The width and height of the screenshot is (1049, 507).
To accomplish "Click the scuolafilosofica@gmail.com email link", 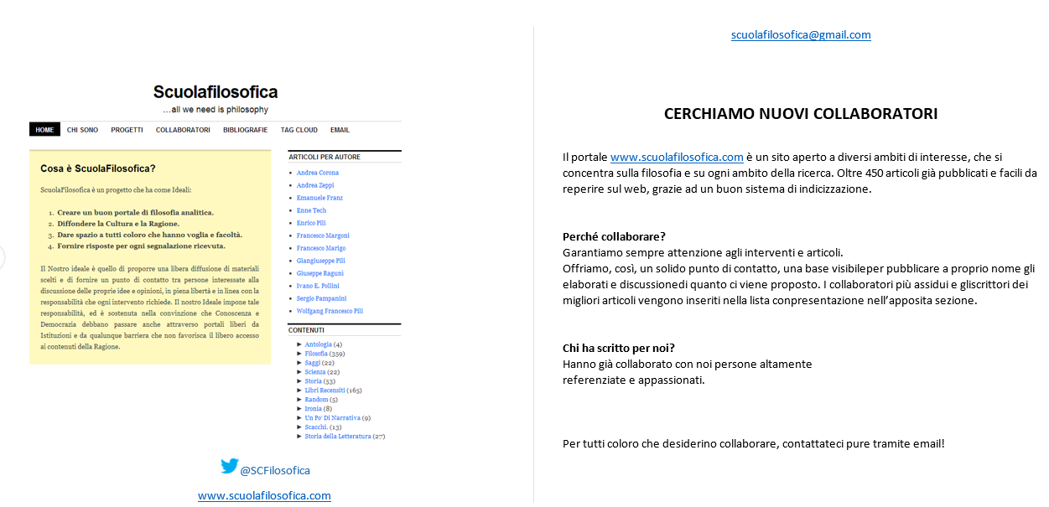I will tap(801, 35).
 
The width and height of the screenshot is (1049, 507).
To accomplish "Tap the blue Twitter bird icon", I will tap(229, 467).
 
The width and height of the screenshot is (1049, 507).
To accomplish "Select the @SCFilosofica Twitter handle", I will tap(275, 471).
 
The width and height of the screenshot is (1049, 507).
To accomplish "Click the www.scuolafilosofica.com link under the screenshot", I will tap(264, 496).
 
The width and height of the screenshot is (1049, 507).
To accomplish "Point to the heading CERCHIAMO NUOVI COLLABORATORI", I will tap(801, 114).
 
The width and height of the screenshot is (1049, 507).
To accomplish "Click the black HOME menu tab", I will tap(44, 130).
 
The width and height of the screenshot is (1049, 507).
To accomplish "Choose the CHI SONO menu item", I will tap(82, 130).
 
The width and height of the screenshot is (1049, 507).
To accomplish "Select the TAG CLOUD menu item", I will tap(299, 130).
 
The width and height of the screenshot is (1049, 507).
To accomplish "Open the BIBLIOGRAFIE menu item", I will tap(245, 130).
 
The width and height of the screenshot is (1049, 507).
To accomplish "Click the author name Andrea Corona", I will tap(317, 173).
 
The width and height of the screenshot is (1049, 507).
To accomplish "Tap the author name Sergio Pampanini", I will tap(321, 298).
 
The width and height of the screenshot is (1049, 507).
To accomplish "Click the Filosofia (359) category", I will tap(316, 354).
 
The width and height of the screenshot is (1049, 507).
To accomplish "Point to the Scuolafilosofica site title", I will tap(216, 92).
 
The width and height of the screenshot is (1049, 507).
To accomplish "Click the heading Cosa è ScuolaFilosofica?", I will tap(98, 169).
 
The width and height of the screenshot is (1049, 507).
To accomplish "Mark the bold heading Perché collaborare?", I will tap(614, 236).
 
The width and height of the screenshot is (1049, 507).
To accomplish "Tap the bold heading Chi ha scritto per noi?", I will tap(619, 348).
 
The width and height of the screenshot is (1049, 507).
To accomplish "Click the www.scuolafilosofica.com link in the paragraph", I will tap(677, 157).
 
